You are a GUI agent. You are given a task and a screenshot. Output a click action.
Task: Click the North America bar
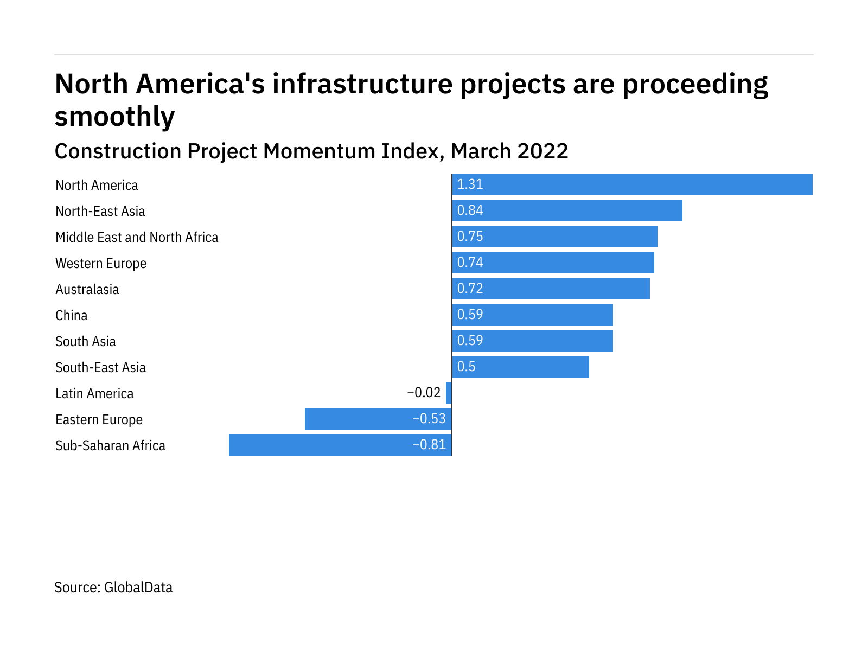[x=632, y=184]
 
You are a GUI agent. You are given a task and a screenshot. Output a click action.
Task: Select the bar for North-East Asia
[x=567, y=210]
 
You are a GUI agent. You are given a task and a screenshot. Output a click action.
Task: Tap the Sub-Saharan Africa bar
[x=340, y=445]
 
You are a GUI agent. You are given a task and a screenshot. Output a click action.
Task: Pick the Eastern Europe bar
[x=378, y=419]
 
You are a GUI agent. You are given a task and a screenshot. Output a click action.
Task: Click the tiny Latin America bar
[x=449, y=393]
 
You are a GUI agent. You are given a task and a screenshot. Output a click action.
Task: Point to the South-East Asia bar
[x=521, y=367]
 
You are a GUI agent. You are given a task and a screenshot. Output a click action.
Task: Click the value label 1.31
[x=470, y=184]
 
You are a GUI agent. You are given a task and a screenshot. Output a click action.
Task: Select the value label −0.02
[x=424, y=393]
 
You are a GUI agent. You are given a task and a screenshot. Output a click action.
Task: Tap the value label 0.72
[x=470, y=289]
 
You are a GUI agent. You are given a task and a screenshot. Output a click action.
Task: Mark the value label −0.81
[x=429, y=445]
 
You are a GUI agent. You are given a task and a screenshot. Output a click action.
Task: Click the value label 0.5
[x=466, y=367]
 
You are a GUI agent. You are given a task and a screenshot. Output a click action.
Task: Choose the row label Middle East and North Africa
[x=137, y=238]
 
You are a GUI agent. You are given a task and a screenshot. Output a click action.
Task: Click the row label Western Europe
[x=101, y=264]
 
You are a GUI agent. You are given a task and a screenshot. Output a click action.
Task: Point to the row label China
[x=71, y=316]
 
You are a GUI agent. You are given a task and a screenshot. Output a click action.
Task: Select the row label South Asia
[x=85, y=342]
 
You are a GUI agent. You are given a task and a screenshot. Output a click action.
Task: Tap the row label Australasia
[x=87, y=290]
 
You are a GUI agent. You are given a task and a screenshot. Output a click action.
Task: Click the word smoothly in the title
[x=114, y=117]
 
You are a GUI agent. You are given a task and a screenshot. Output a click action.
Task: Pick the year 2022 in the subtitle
[x=542, y=151]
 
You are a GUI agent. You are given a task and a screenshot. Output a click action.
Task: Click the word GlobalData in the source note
[x=138, y=588]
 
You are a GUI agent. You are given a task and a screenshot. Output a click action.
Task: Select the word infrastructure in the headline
[x=362, y=85]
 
